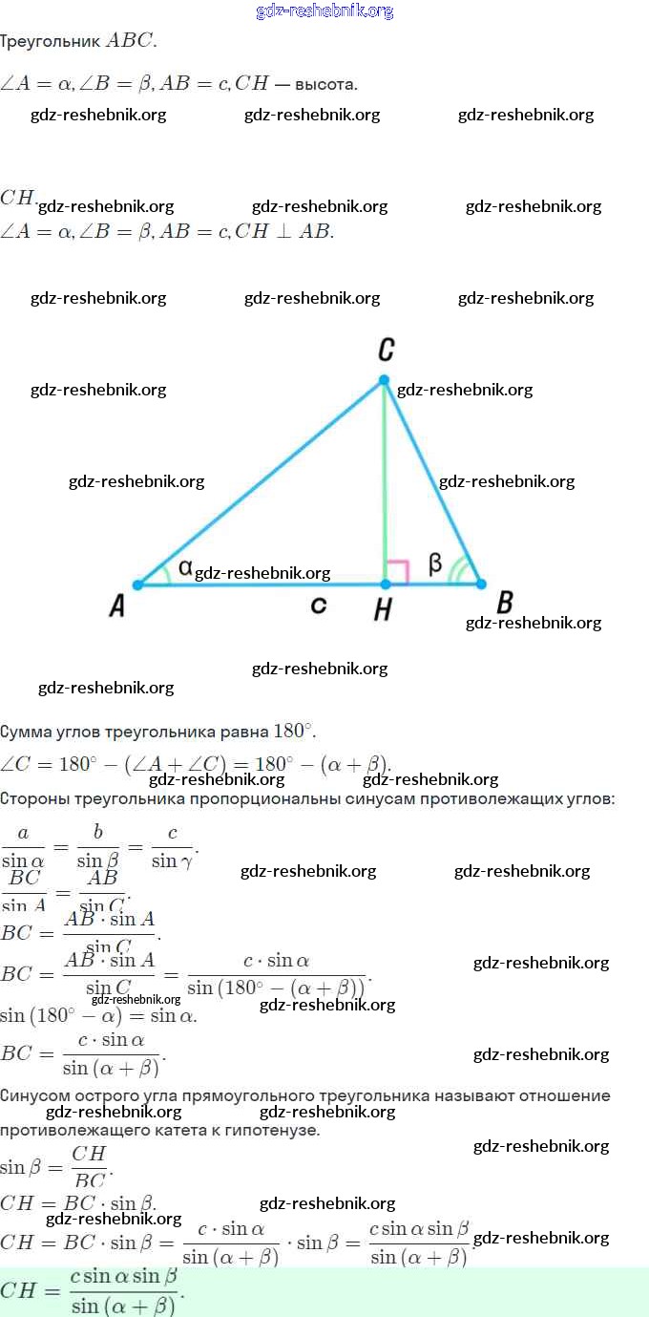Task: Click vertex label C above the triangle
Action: [386, 350]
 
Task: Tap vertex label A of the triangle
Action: [116, 605]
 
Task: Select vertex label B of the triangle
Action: [505, 603]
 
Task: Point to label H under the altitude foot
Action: [383, 609]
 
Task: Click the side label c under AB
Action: [319, 605]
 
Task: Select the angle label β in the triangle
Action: [435, 564]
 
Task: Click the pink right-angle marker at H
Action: [398, 572]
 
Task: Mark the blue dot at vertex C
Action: [385, 380]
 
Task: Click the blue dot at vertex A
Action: [137, 584]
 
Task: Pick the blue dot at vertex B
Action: [481, 584]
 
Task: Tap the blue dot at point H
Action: [386, 584]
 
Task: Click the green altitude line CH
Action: [385, 478]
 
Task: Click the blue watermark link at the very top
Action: [324, 11]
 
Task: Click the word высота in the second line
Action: [325, 84]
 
